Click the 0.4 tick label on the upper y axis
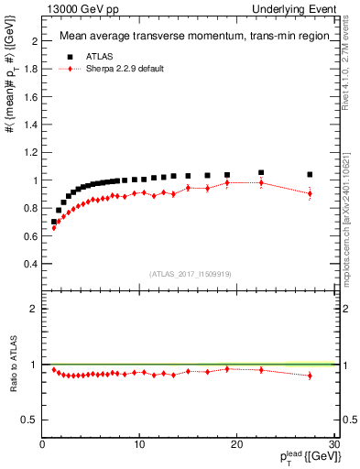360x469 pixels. pyautogui.click(x=31, y=264)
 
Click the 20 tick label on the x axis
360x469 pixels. pyautogui.click(x=236, y=444)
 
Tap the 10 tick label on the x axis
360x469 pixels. pyautogui.click(x=139, y=444)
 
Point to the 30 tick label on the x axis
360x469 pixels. pyautogui.click(x=333, y=444)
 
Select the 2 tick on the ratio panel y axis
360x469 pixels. pyautogui.click(x=34, y=309)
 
